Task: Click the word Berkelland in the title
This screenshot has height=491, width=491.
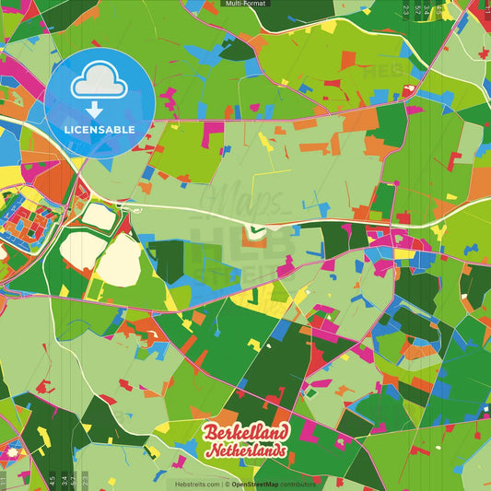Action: [x=246, y=433]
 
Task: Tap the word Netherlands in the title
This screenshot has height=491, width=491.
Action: [x=246, y=452]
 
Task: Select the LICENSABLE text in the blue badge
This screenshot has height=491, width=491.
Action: [x=99, y=130]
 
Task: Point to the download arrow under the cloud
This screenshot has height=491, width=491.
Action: [x=94, y=108]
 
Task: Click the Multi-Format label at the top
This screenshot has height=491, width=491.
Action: [x=245, y=5]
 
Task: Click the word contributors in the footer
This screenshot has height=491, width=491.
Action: [x=299, y=483]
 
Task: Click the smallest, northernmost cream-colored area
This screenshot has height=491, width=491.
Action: [x=99, y=216]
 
